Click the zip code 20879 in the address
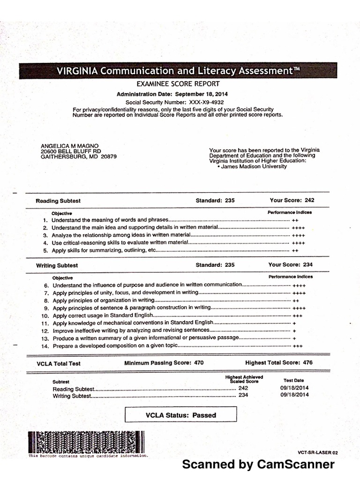pyautogui.click(x=108, y=157)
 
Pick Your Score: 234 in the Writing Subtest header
pyautogui.click(x=291, y=265)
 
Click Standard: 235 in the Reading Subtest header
pyautogui.click(x=215, y=201)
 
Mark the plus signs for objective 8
pyautogui.click(x=296, y=300)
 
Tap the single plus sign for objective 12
pyautogui.click(x=294, y=330)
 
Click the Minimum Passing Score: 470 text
pyautogui.click(x=164, y=363)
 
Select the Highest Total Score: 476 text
pyautogui.click(x=279, y=363)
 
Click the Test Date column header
pyautogui.click(x=294, y=381)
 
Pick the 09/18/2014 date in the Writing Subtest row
pyautogui.click(x=295, y=395)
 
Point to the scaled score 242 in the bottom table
pyautogui.click(x=243, y=388)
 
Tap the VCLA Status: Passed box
pyautogui.click(x=180, y=415)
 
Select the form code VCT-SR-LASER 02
pyautogui.click(x=317, y=453)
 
